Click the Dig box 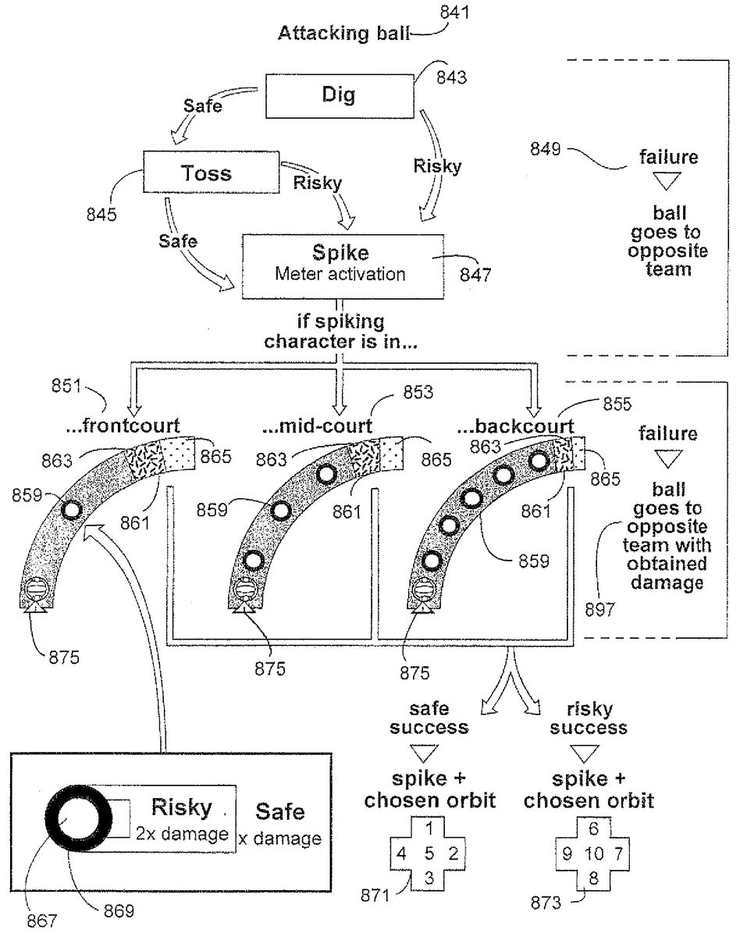coord(338,95)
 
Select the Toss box coord(207,172)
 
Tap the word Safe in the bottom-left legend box coord(283,812)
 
